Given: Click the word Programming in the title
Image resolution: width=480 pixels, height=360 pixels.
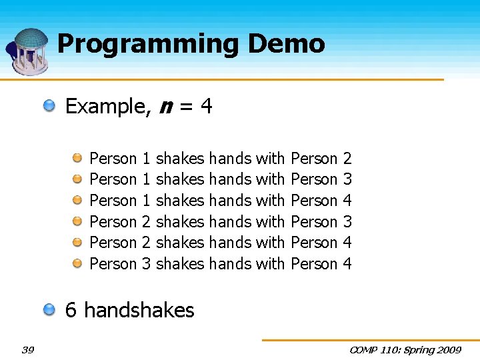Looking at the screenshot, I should click(147, 45).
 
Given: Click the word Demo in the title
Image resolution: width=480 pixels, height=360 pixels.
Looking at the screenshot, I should click(286, 44).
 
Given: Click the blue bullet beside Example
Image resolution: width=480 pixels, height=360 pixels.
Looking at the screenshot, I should click(50, 105).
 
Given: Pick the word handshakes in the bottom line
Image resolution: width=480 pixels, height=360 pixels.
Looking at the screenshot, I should click(139, 310).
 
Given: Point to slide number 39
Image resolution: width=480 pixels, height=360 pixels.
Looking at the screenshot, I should click(28, 350).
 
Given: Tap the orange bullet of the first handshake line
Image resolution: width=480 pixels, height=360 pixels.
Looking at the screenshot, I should click(77, 158).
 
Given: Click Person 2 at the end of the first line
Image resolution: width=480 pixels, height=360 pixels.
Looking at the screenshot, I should click(321, 159).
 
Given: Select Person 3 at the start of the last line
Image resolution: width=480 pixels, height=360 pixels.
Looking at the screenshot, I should click(120, 264).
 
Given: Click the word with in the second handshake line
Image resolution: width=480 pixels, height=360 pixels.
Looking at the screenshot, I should click(270, 180).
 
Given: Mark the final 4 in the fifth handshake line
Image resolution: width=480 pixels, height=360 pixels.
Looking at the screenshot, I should click(347, 243).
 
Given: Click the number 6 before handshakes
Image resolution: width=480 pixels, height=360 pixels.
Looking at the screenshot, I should click(71, 310).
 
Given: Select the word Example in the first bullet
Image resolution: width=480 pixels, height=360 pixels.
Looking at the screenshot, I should click(107, 107).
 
